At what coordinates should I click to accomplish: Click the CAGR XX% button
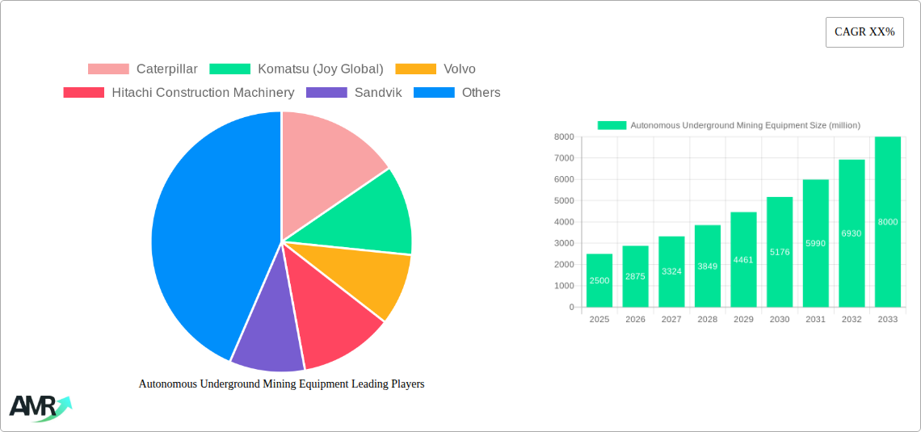tap(864, 32)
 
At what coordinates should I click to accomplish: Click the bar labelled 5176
tap(780, 252)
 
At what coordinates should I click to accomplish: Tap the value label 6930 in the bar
tap(852, 233)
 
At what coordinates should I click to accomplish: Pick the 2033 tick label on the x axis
tap(887, 320)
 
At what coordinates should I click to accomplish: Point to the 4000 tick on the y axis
tap(564, 222)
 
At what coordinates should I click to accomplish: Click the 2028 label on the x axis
tap(708, 320)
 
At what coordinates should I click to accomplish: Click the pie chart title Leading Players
tap(281, 384)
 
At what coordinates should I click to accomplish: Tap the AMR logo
tap(39, 408)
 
